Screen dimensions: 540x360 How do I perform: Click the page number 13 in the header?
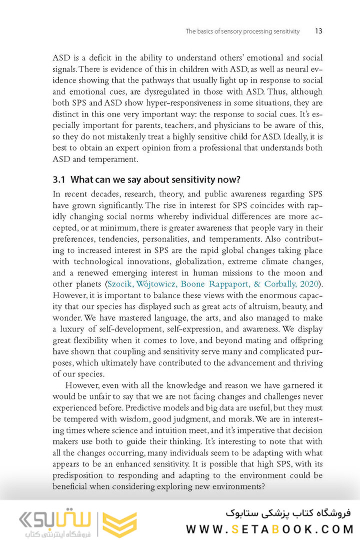[318, 31]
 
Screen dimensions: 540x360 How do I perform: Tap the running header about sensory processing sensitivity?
[242, 31]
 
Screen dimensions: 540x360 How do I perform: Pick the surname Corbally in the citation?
[274, 284]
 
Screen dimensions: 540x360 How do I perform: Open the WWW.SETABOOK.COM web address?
[269, 528]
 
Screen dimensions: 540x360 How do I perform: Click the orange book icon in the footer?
[119, 524]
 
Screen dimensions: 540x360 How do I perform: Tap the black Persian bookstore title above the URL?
[288, 513]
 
